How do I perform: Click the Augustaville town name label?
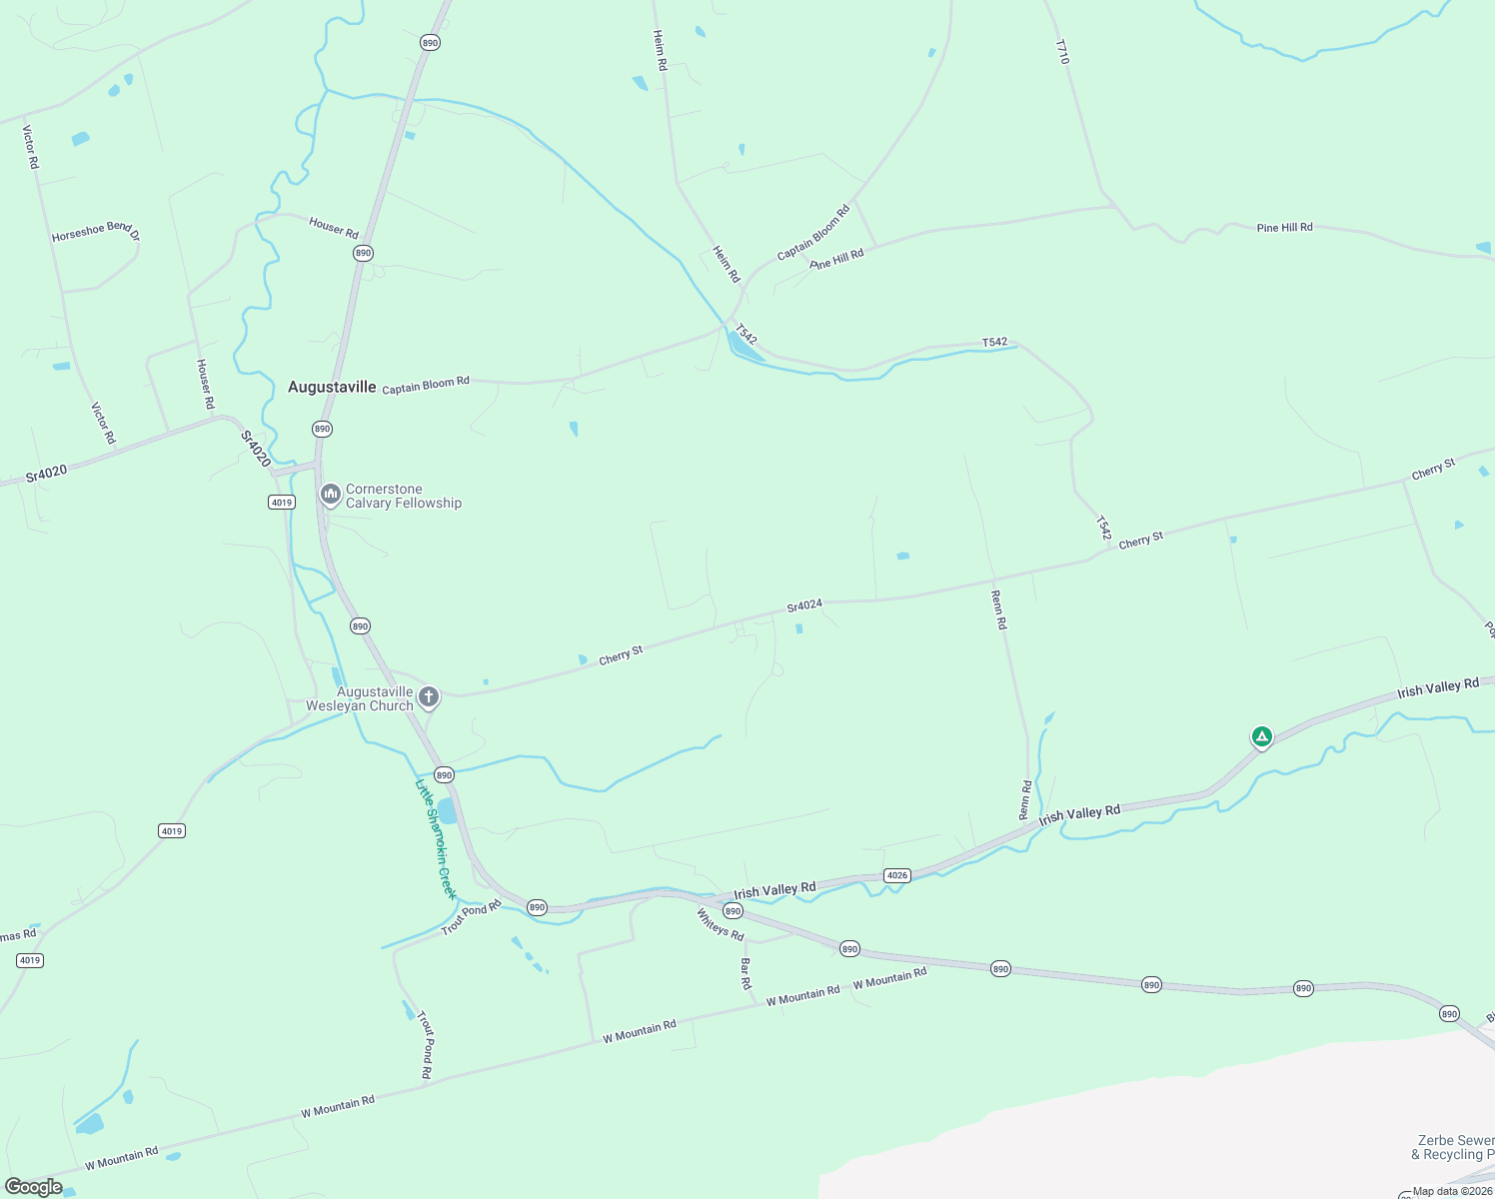(332, 387)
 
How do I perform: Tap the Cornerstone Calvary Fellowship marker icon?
(330, 494)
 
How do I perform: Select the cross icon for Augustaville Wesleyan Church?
(429, 696)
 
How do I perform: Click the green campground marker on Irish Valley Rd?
(1262, 737)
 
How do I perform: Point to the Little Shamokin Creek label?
(436, 838)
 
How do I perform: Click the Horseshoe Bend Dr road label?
(95, 232)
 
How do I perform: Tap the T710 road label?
(1061, 53)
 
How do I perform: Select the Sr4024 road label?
(803, 605)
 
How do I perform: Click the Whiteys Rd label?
(720, 924)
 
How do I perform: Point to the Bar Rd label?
(746, 973)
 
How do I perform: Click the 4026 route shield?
(896, 875)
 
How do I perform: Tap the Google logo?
(34, 1187)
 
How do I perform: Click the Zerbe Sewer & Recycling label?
(1455, 1147)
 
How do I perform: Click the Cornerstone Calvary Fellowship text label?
(404, 497)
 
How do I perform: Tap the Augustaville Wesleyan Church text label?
(360, 698)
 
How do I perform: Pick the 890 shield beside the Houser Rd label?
(363, 253)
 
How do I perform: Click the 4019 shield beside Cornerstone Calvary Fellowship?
(282, 502)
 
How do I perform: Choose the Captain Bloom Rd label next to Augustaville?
(426, 385)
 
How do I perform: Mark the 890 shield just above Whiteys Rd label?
(733, 911)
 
